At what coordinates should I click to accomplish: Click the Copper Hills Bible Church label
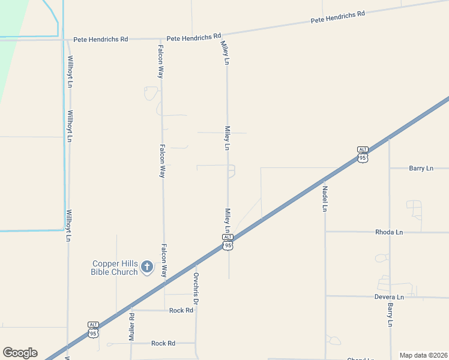tap(115, 268)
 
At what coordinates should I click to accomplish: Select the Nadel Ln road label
tap(325, 199)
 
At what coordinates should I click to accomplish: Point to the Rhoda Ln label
tap(389, 232)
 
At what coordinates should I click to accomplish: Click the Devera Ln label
tap(389, 297)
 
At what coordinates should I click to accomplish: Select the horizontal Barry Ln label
tap(421, 169)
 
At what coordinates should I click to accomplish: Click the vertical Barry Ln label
tap(390, 314)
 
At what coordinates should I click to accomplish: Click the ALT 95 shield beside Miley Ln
tap(228, 242)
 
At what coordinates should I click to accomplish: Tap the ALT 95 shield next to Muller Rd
tap(93, 329)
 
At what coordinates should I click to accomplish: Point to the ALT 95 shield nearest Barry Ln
tap(362, 154)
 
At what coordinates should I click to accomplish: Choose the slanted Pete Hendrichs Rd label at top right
tap(338, 17)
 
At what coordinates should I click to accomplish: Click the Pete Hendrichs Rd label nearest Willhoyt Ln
tap(101, 39)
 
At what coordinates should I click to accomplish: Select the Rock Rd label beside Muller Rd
tap(181, 310)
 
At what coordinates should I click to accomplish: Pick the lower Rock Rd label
tap(163, 343)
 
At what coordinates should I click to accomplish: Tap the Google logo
tap(20, 353)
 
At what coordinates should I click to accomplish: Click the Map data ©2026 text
tap(423, 355)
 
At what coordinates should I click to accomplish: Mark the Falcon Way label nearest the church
tap(163, 259)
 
